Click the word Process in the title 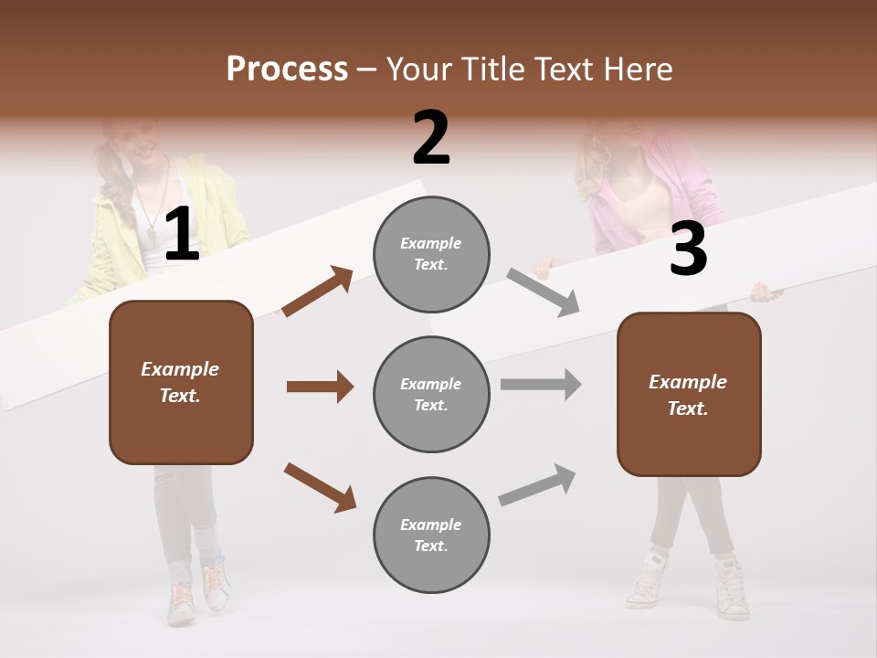pos(287,69)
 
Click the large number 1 pos(182,235)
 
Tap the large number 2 pos(431,138)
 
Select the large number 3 pos(688,249)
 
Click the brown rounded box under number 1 pos(181,382)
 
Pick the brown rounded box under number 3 pos(689,395)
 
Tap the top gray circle pos(431,254)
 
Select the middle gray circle pos(431,394)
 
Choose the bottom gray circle pos(431,535)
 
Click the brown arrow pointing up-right pos(317,292)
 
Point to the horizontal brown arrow pos(320,387)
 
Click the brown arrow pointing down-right pos(320,487)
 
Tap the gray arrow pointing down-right pos(544,292)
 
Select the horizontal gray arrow pos(541,384)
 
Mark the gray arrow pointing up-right pos(538,484)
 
